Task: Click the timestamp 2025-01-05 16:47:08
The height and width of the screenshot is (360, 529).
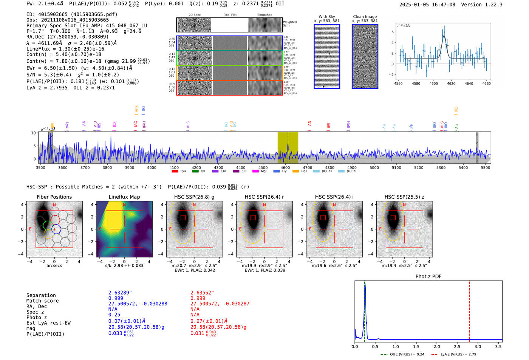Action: click(x=427, y=5)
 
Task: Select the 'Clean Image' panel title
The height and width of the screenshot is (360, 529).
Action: click(x=365, y=17)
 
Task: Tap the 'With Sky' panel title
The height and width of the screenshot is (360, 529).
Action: click(x=326, y=17)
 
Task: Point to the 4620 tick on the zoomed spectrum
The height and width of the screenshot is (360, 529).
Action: click(x=451, y=83)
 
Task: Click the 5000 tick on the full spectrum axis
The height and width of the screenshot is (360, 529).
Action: click(x=374, y=168)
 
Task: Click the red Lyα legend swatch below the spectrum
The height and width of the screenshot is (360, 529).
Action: click(x=175, y=172)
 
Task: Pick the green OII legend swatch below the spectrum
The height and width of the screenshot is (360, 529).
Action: click(x=195, y=172)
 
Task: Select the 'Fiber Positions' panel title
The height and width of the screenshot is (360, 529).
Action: click(x=54, y=197)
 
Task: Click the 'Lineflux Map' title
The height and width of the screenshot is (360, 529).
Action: click(x=124, y=197)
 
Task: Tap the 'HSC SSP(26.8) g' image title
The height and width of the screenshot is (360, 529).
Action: click(x=194, y=197)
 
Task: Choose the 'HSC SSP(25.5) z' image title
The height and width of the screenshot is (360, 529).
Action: click(x=404, y=197)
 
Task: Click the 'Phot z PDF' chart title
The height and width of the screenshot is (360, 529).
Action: click(x=428, y=276)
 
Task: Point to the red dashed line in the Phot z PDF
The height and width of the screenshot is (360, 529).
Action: click(x=469, y=310)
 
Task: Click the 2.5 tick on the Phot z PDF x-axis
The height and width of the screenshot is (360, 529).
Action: click(x=457, y=346)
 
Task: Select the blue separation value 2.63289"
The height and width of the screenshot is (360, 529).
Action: click(x=120, y=293)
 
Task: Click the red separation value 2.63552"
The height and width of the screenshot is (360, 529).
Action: click(x=202, y=293)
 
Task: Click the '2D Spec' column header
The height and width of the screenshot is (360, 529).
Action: click(x=194, y=15)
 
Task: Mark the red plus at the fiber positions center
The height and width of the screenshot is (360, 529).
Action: click(x=54, y=229)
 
